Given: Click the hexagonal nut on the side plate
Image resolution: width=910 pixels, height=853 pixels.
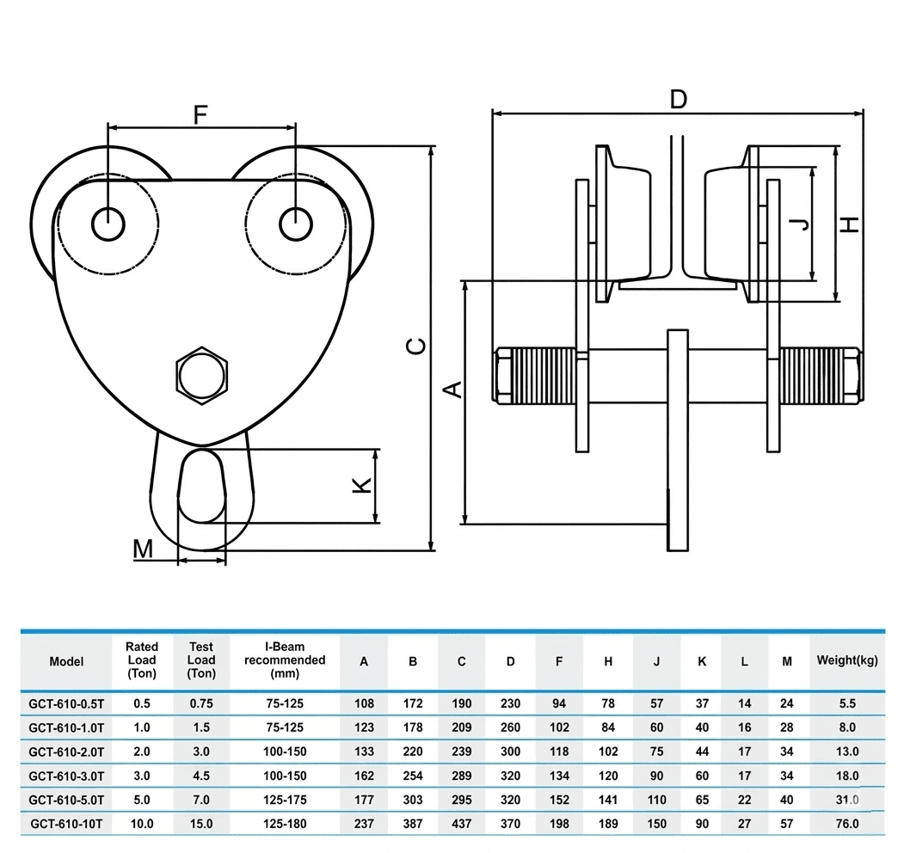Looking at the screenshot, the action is [201, 376].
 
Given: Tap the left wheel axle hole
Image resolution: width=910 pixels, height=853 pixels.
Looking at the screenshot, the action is [108, 224].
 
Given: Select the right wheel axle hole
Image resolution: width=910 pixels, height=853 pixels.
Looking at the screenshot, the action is [296, 224].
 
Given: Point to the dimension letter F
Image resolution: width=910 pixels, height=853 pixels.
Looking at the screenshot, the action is [200, 115].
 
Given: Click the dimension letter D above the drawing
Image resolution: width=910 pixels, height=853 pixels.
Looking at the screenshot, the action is [678, 99].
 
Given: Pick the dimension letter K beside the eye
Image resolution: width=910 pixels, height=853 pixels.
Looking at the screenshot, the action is [362, 485].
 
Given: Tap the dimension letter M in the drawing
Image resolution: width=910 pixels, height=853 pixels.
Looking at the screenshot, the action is [143, 549].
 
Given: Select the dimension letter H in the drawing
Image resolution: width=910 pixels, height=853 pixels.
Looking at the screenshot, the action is [851, 224].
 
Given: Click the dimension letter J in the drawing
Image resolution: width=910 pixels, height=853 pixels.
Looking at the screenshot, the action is [802, 224].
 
